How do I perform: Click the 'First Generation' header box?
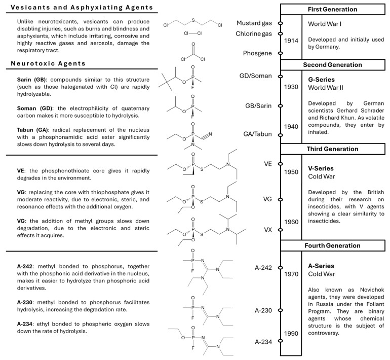tap(333, 10)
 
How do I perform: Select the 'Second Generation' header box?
tap(333, 65)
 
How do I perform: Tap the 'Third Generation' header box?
tap(333, 149)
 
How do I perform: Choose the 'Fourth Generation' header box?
tap(333, 245)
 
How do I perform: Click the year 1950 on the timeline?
tap(292, 172)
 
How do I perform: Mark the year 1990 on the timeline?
tap(292, 334)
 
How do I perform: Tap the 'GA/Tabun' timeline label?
tap(257, 134)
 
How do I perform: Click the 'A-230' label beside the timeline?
tap(264, 310)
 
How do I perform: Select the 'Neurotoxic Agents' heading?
tap(49, 63)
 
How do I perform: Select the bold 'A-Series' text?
tap(323, 265)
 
